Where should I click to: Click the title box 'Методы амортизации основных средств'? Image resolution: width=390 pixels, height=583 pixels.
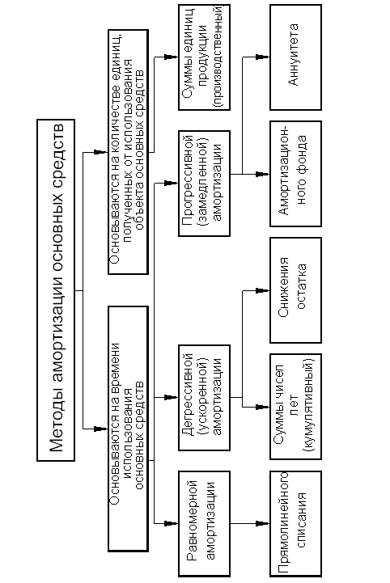coord(56,290)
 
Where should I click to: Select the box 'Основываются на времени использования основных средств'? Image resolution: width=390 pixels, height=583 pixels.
coord(129,429)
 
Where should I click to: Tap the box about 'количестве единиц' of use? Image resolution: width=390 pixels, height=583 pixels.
coord(129,152)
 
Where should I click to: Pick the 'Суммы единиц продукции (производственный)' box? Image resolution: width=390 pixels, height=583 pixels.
coord(204,57)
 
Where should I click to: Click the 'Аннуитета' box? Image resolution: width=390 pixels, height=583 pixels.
coord(296,57)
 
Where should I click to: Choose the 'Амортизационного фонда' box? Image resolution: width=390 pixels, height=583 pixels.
coord(296,174)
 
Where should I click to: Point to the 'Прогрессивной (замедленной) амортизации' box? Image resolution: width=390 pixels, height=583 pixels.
coord(204,184)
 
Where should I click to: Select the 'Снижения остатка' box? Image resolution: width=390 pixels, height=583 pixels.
coord(296,290)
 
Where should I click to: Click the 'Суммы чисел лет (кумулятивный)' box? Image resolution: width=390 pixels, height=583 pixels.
coord(296,407)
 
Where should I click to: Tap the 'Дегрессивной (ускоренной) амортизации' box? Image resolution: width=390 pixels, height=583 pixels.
coord(204,398)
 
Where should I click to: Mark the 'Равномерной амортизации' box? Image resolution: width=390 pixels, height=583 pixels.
coord(204,523)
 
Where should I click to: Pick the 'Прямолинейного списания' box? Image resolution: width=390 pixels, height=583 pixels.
coord(296,523)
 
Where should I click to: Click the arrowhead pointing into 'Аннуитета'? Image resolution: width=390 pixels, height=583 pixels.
coord(264,57)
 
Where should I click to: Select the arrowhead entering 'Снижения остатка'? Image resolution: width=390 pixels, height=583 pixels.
coord(264,290)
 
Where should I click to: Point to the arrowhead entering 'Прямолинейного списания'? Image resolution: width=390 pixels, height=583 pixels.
coord(264,523)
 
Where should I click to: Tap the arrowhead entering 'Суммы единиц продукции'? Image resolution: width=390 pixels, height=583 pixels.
coord(172,57)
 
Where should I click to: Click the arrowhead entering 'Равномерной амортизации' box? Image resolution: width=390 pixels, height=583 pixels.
coord(172,523)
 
